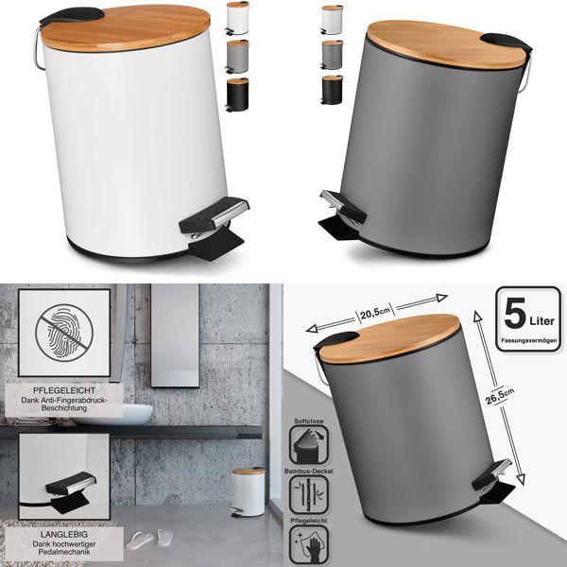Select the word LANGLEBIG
tap(60, 534)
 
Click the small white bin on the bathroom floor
tap(249, 491)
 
